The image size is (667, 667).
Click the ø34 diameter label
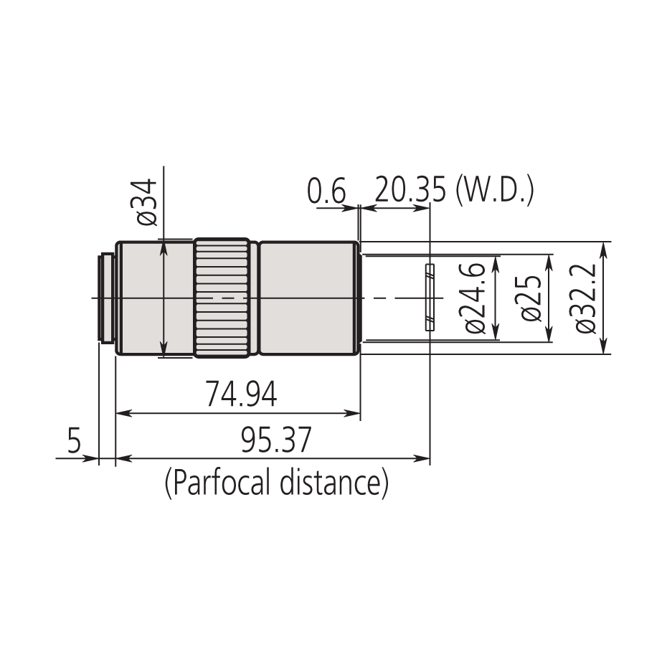(x=146, y=203)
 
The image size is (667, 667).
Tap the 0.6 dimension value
(x=326, y=193)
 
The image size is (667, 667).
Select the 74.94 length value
(x=241, y=396)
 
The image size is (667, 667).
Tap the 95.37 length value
(x=276, y=441)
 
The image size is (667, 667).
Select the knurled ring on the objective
(x=222, y=298)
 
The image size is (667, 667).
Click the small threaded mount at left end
(x=107, y=297)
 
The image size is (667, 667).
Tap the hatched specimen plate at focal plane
(x=430, y=298)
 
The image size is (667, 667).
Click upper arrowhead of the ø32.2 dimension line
(x=603, y=247)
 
